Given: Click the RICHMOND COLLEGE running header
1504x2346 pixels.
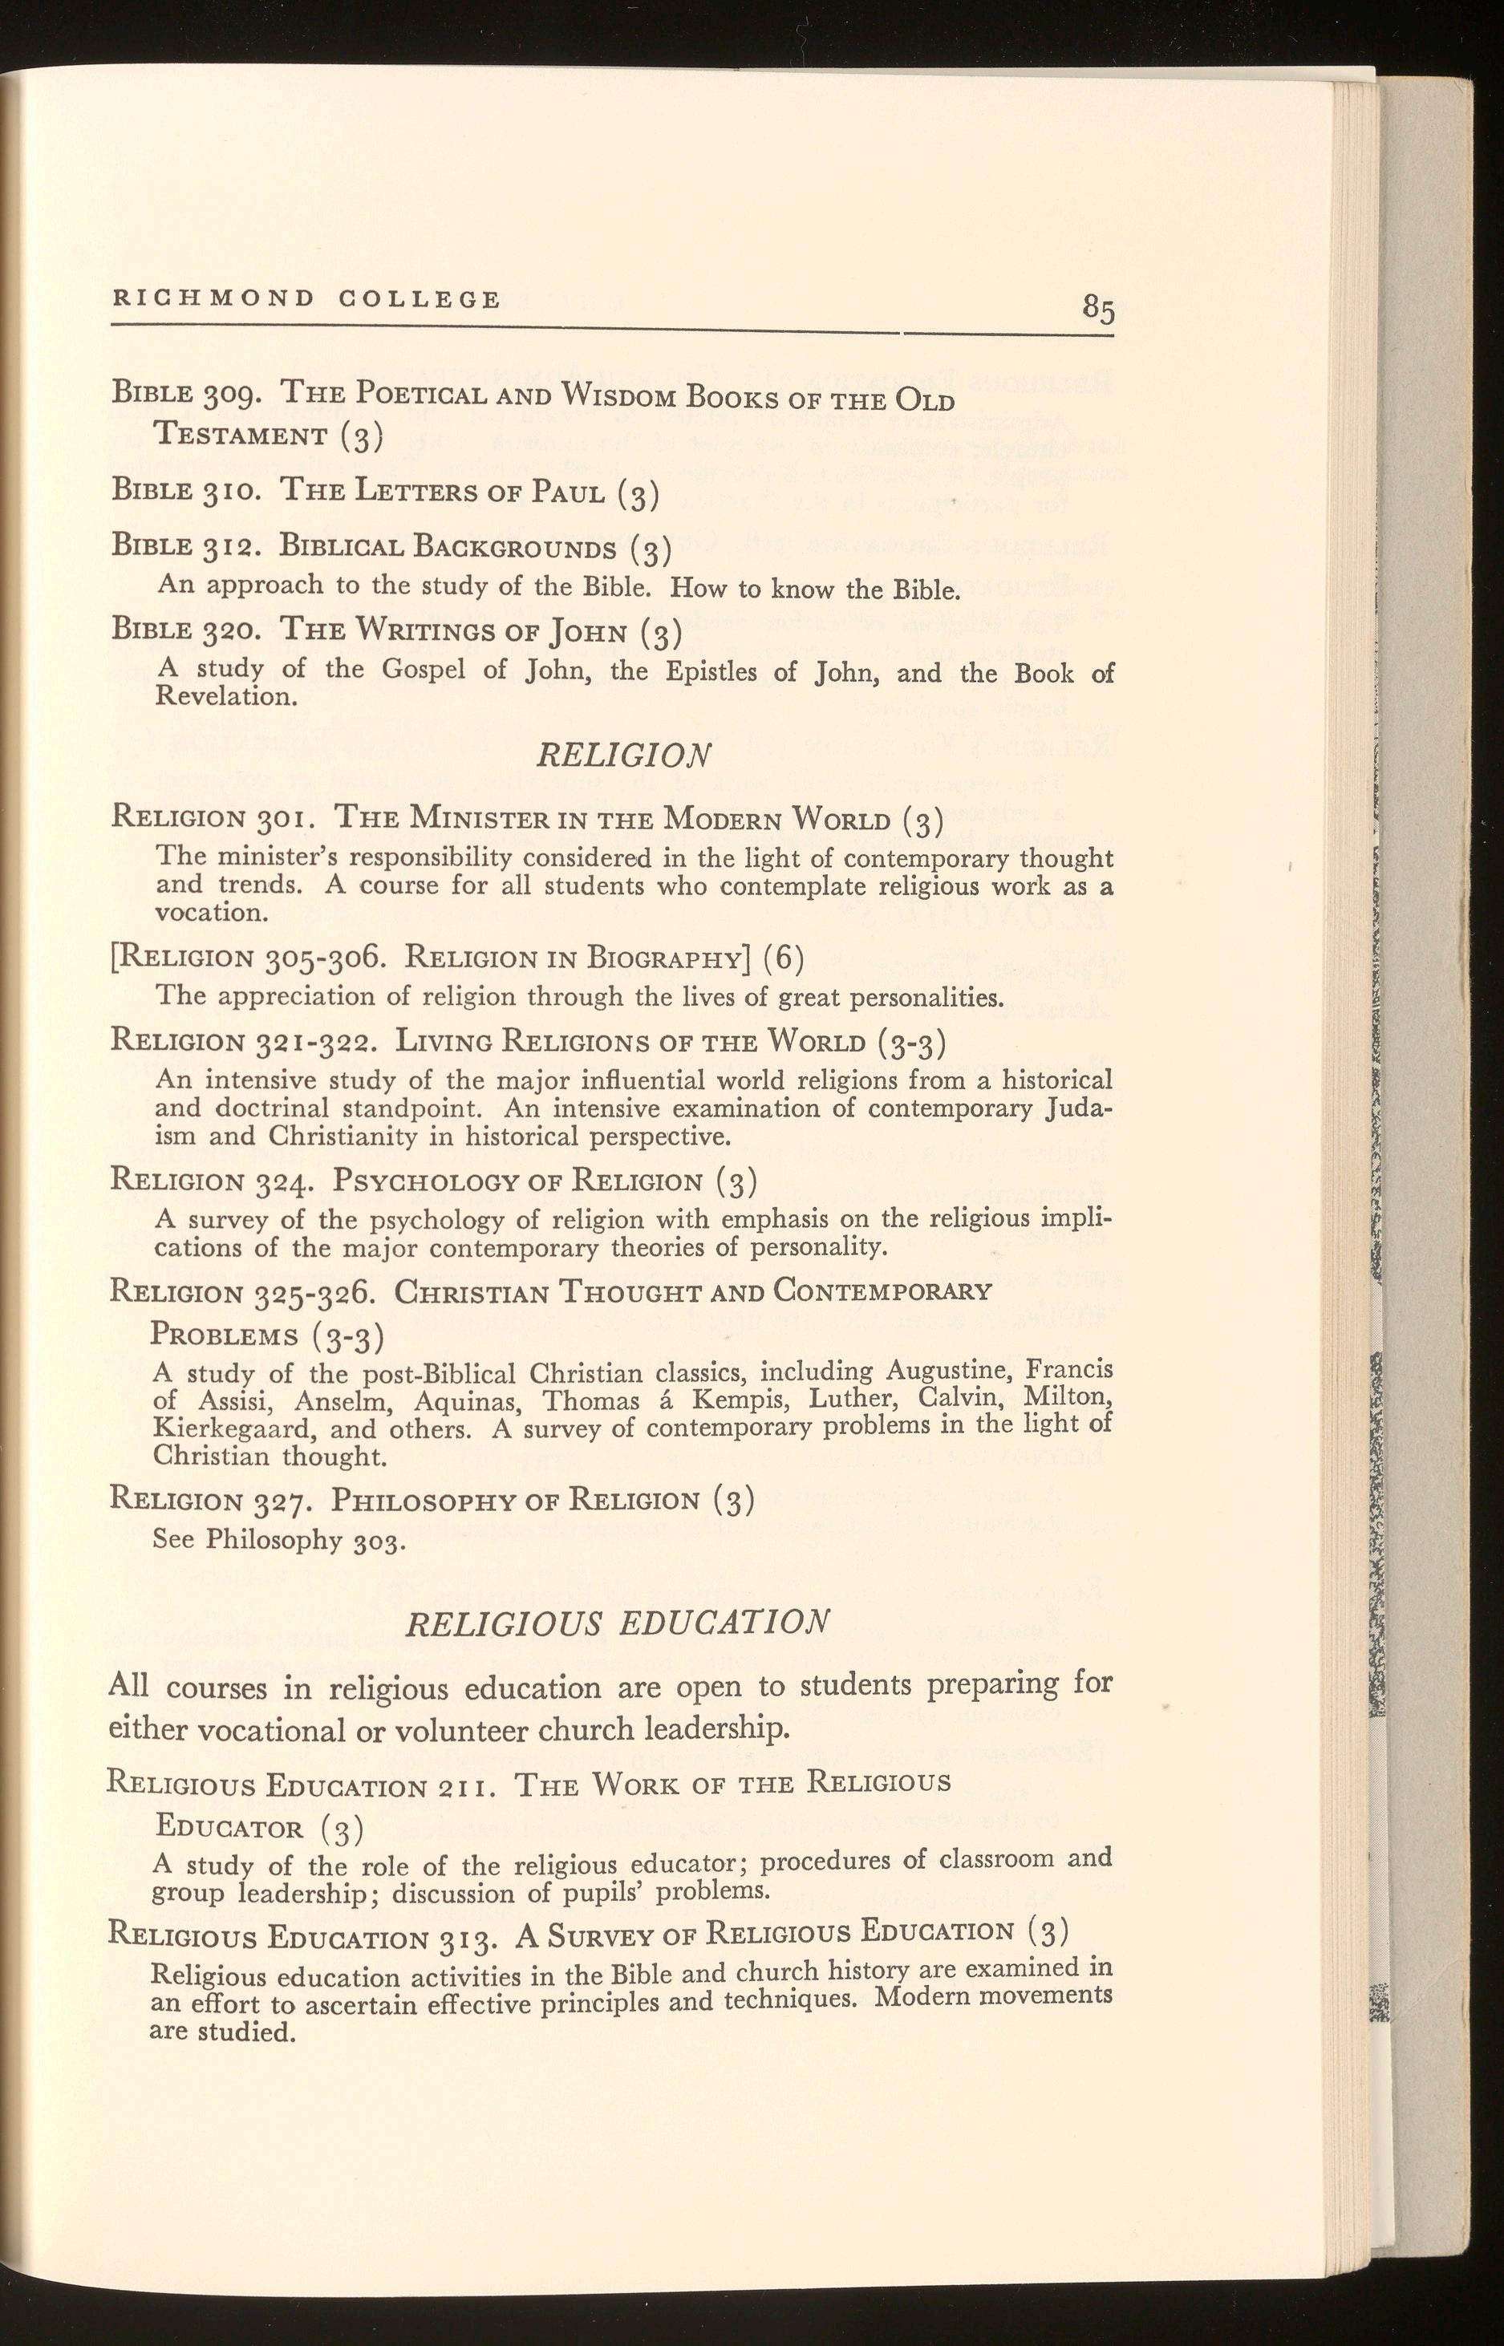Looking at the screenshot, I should point(306,298).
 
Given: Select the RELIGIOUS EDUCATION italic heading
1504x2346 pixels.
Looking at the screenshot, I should point(617,1622).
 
